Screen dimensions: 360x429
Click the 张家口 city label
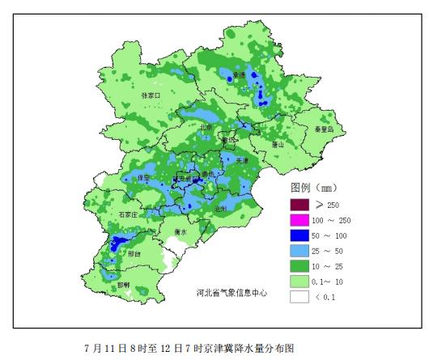[151, 95]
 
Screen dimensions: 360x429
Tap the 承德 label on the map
[239, 75]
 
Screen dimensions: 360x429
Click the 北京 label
[206, 127]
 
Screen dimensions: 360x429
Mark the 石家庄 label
[127, 214]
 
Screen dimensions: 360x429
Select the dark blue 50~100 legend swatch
[299, 235]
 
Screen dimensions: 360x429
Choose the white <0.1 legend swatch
[299, 296]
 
